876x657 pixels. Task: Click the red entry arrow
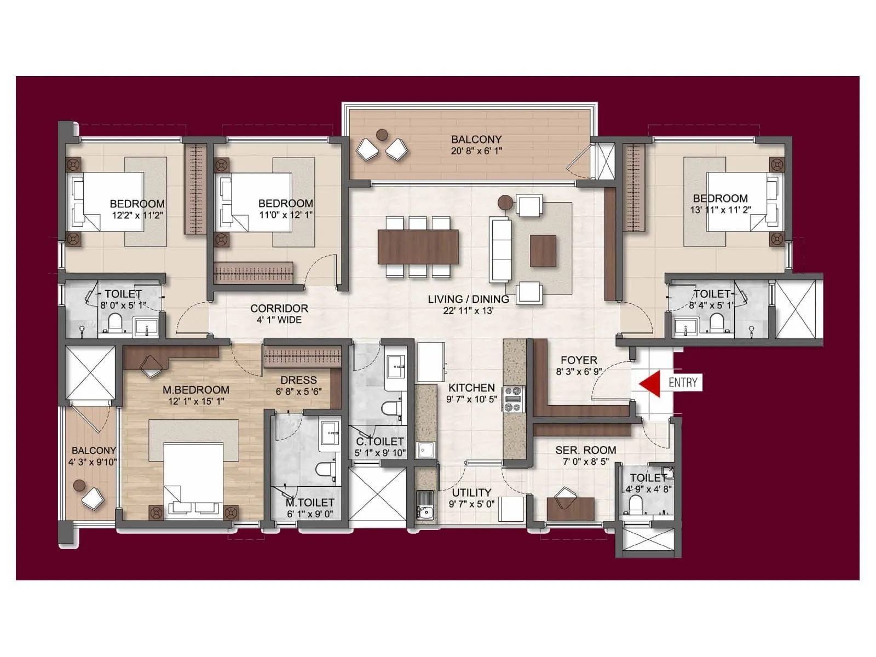[650, 384]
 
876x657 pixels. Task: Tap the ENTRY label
[683, 382]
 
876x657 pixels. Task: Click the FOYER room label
[579, 360]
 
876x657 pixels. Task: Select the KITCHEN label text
[471, 388]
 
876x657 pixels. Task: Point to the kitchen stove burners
[514, 400]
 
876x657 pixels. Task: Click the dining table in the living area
[418, 246]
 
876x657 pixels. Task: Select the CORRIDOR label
[279, 308]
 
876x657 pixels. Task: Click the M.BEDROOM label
[195, 390]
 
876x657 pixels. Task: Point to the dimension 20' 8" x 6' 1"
[476, 151]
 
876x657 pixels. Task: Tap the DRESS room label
[298, 380]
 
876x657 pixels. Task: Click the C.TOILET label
[379, 441]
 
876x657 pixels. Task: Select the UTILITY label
[471, 492]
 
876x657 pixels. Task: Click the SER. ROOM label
[585, 450]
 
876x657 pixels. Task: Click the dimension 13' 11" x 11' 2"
[720, 210]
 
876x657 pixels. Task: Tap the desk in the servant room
[570, 509]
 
